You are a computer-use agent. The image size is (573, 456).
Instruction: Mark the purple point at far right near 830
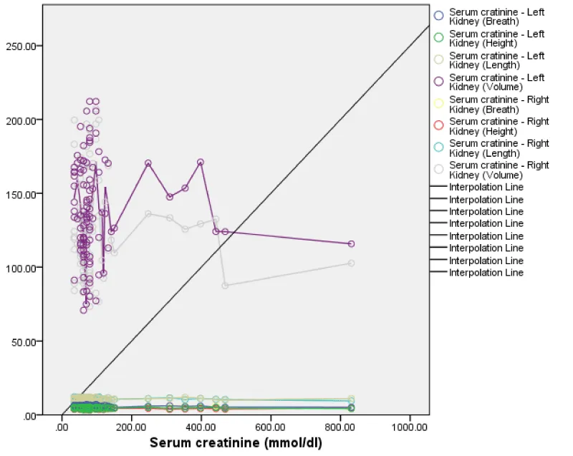[351, 244]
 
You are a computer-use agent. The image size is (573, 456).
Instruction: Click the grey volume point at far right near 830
[351, 263]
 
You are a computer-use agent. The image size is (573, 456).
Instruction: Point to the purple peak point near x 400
[201, 162]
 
